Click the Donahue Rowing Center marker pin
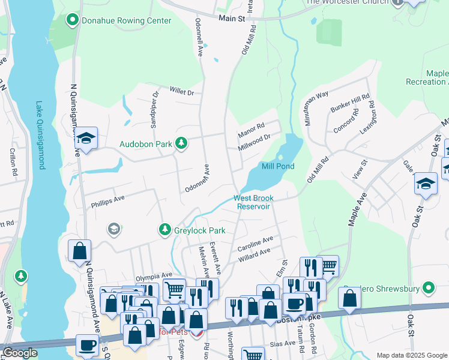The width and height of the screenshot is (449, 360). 73,21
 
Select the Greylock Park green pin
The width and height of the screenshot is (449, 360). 164,230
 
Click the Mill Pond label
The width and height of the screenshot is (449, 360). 278,166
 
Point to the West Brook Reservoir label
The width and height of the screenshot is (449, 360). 254,202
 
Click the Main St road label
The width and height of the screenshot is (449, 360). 232,19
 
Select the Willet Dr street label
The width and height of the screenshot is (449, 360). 182,93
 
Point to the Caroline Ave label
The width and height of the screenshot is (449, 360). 255,244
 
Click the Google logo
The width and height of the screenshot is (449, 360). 20,353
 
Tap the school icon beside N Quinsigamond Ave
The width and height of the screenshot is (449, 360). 86,140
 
